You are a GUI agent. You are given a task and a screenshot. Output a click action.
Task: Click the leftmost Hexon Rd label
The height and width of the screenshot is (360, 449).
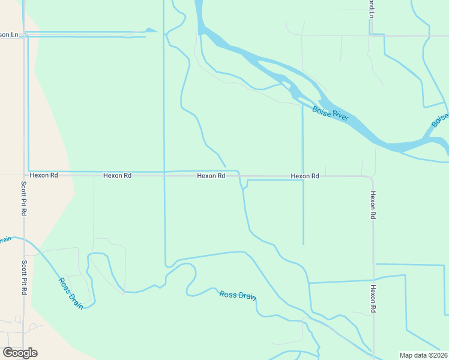[45, 176]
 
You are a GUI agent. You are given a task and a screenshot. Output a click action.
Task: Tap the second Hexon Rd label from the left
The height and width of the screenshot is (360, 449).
[117, 176]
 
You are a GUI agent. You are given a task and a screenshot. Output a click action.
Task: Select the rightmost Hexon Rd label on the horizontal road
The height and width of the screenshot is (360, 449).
[305, 176]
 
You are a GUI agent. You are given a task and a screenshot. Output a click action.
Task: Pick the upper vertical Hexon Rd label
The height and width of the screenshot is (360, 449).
[373, 205]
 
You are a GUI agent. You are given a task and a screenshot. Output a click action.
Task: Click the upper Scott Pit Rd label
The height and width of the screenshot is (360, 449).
[24, 199]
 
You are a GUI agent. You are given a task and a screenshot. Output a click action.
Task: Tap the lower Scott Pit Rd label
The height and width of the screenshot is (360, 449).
[24, 277]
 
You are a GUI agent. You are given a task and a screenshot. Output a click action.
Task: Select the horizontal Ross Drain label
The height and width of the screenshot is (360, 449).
[238, 295]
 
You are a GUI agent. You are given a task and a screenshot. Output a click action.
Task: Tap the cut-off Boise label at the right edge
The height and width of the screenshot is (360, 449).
[439, 120]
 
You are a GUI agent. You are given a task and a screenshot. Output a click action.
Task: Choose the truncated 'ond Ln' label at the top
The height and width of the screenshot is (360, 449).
[372, 8]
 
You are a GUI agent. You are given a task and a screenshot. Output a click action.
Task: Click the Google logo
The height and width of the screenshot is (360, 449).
[20, 353]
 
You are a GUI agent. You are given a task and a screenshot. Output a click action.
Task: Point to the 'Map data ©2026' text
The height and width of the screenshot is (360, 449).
[424, 355]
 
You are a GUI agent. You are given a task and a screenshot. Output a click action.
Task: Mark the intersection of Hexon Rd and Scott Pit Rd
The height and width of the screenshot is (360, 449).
[24, 176]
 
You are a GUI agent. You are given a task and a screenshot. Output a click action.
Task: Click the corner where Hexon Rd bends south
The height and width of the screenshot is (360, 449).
[372, 178]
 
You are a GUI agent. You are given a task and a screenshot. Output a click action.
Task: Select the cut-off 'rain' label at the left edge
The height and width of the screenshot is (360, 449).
[5, 240]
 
